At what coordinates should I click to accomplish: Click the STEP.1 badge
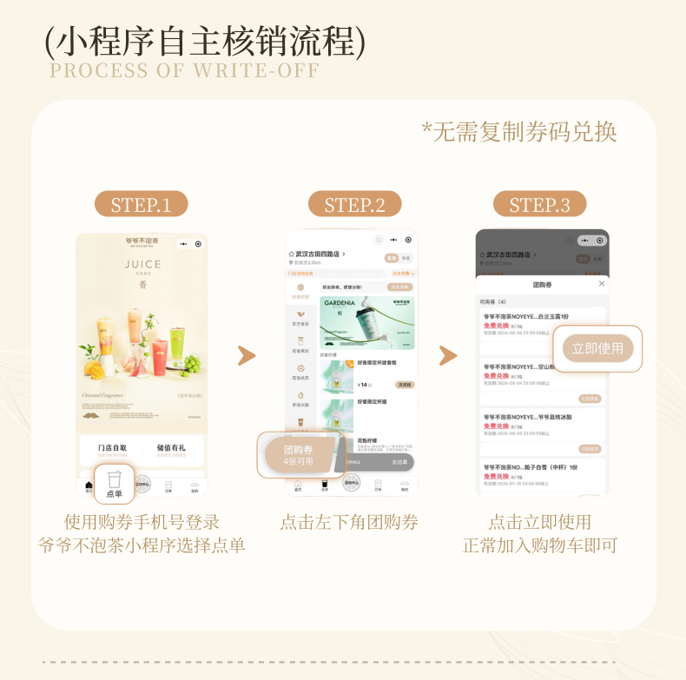point(141,204)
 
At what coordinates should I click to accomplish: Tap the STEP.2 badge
point(354,204)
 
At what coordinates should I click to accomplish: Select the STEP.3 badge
point(539,204)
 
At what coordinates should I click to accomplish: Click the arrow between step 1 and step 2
point(247,355)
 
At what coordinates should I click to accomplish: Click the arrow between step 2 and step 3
point(447,355)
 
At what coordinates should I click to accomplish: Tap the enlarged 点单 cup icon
point(114,484)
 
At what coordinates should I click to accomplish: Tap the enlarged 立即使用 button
point(597,348)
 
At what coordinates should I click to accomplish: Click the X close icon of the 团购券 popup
point(602,284)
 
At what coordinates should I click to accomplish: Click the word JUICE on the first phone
point(142,265)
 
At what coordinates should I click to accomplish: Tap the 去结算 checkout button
point(399,463)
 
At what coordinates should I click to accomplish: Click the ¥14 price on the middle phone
point(363,384)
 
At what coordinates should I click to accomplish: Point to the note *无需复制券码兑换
point(519,132)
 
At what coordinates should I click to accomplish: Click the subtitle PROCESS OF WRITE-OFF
point(185,70)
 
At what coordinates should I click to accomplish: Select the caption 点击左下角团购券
point(349,522)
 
